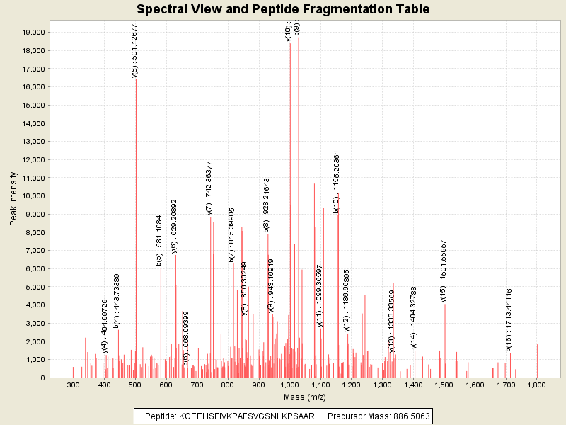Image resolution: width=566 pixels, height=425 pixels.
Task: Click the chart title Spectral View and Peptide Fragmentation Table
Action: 283,9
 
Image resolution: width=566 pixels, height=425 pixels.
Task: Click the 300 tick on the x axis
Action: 73,385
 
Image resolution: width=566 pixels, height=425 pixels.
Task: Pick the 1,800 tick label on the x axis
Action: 537,385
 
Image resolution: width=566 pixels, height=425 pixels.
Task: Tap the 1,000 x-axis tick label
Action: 289,385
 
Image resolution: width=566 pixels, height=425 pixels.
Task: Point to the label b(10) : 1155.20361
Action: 337,181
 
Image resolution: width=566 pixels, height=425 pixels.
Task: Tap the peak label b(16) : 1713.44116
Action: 508,319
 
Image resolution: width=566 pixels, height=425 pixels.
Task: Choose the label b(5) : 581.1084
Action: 159,240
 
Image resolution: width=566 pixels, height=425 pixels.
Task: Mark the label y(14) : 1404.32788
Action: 414,317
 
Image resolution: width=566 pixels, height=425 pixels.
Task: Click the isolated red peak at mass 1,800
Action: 537,361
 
